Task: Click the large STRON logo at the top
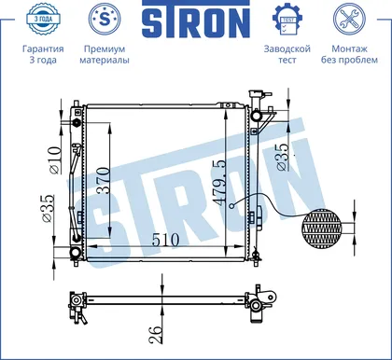(196, 21)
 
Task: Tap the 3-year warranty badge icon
(43, 19)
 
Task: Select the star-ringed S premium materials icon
(105, 19)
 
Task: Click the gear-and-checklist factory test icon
(287, 19)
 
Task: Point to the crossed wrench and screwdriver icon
(349, 19)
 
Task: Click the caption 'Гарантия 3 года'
(43, 54)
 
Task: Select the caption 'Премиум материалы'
(105, 54)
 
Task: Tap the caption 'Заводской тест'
(287, 54)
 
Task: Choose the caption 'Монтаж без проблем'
(349, 54)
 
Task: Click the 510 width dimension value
(165, 240)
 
